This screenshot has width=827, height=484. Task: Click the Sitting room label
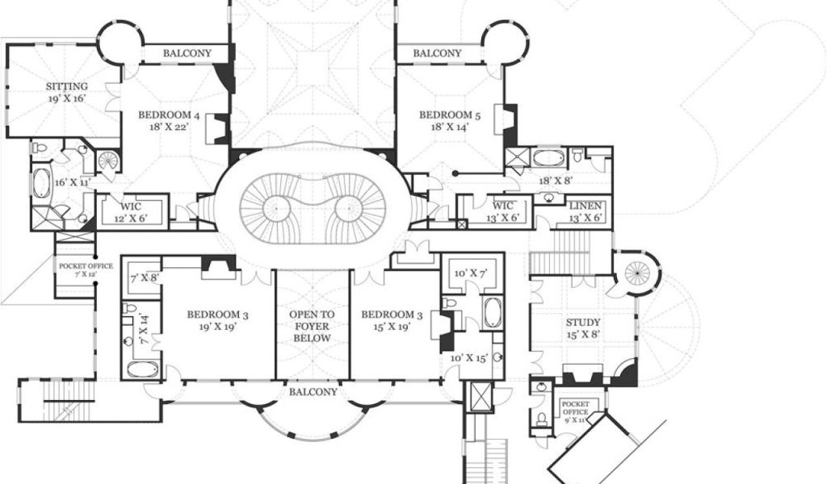(66, 92)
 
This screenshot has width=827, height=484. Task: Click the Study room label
(583, 328)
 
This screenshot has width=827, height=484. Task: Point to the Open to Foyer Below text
(312, 327)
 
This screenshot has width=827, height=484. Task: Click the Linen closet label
(585, 211)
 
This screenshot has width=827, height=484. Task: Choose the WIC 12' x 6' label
(131, 211)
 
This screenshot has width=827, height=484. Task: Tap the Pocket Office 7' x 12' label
(86, 269)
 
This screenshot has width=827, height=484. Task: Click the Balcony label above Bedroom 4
(187, 53)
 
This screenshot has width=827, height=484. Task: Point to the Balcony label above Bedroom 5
(437, 53)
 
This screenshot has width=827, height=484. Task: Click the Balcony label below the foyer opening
(313, 392)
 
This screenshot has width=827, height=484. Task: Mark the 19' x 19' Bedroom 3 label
(217, 320)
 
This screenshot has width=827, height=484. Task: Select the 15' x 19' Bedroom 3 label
(392, 320)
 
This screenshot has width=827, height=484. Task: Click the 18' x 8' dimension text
(556, 181)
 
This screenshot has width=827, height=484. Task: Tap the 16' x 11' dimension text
(72, 183)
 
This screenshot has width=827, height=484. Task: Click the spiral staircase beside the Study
(636, 273)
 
